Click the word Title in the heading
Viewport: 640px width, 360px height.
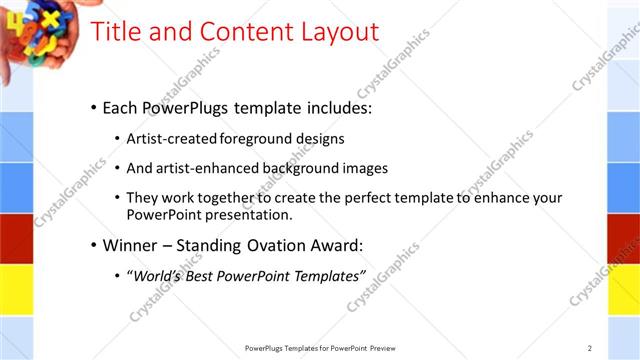[118, 31]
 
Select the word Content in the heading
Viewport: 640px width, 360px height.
[241, 31]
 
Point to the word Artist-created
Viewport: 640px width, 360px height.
[167, 138]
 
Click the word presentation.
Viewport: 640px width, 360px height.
[248, 214]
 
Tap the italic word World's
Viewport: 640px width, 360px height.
[157, 275]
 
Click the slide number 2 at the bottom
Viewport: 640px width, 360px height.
[590, 348]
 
